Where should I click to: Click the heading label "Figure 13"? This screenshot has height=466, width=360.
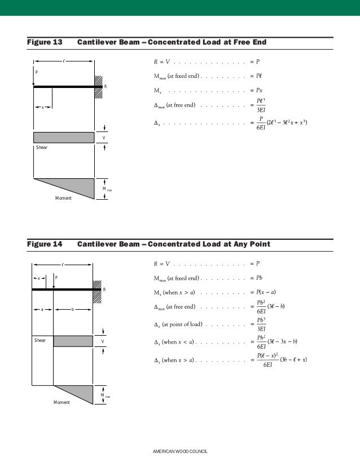click(45, 42)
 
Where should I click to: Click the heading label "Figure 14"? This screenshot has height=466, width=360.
click(45, 244)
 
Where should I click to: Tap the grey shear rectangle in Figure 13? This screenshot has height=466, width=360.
click(64, 138)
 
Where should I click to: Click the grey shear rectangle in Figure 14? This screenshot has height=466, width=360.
click(73, 341)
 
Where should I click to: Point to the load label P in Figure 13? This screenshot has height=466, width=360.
click(36, 72)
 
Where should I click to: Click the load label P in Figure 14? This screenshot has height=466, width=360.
click(56, 278)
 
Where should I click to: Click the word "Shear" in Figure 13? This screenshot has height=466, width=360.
click(42, 147)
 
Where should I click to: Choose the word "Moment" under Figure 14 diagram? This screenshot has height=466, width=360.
click(62, 402)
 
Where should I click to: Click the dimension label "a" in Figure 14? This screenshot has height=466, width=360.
click(42, 309)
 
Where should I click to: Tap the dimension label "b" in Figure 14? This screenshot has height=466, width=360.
click(72, 309)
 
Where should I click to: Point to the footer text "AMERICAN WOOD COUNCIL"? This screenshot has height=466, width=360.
click(181, 452)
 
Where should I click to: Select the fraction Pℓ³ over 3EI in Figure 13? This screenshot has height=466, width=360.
click(261, 105)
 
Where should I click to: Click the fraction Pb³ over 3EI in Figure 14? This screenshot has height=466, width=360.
click(261, 324)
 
